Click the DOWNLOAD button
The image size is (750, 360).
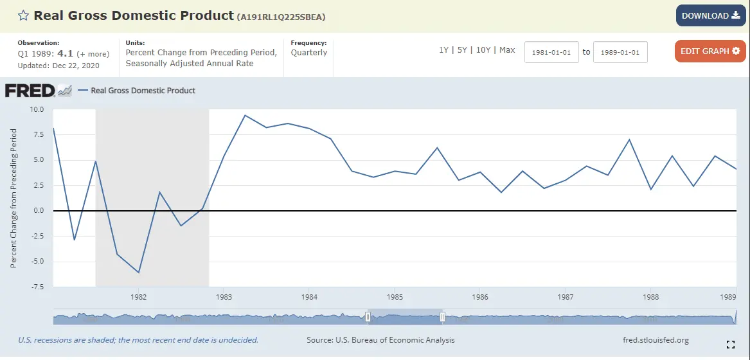pyautogui.click(x=710, y=15)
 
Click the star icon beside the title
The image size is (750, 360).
pyautogui.click(x=23, y=15)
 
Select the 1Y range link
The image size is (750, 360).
pyautogui.click(x=443, y=50)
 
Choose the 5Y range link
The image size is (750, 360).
pyautogui.click(x=462, y=50)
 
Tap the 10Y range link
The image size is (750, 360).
pyautogui.click(x=483, y=50)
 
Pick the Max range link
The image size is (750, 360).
pyautogui.click(x=507, y=50)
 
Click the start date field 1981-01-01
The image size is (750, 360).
pyautogui.click(x=551, y=52)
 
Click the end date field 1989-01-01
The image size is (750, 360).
pyautogui.click(x=620, y=52)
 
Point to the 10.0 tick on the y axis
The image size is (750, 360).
pyautogui.click(x=37, y=109)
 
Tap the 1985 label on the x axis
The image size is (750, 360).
pyautogui.click(x=395, y=297)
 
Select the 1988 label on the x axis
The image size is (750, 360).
pyautogui.click(x=650, y=297)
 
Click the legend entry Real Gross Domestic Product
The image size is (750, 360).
pyautogui.click(x=143, y=91)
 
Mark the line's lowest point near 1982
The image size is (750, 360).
pyautogui.click(x=138, y=273)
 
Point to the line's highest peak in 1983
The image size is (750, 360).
pyautogui.click(x=245, y=115)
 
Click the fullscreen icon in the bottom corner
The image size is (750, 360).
pyautogui.click(x=730, y=344)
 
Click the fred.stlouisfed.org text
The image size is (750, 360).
pyautogui.click(x=652, y=340)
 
